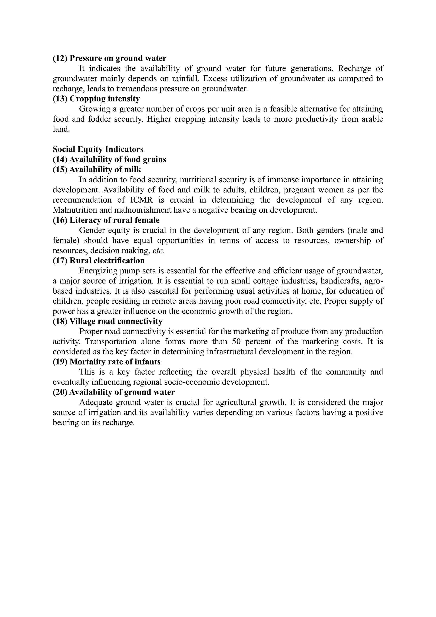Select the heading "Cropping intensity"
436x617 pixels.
pyautogui.click(x=105, y=99)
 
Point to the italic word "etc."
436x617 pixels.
pyautogui.click(x=158, y=251)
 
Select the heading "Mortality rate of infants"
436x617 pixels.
pyautogui.click(x=115, y=362)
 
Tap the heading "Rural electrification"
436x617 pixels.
pyautogui.click(x=107, y=261)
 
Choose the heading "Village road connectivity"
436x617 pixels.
pyautogui.click(x=116, y=321)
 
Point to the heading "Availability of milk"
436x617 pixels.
pyautogui.click(x=105, y=170)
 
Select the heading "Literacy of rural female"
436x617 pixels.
pyautogui.click(x=114, y=220)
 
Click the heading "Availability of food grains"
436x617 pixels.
pyautogui.click(x=118, y=159)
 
